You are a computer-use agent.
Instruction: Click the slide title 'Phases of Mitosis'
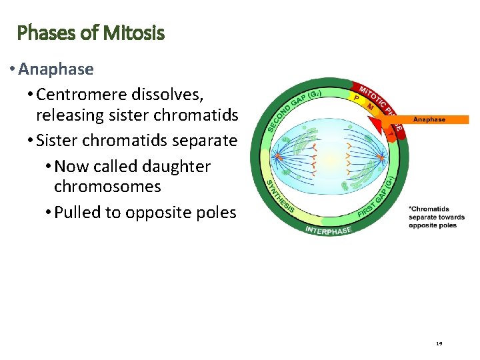(91, 33)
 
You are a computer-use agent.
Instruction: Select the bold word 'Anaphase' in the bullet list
(56, 69)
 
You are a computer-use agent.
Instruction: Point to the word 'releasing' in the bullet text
(69, 115)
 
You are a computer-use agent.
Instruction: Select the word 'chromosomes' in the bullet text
(107, 187)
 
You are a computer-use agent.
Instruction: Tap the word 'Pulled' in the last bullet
(77, 213)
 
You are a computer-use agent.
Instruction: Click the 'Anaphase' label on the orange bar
(429, 119)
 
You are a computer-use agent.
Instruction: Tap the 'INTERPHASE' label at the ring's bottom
(328, 230)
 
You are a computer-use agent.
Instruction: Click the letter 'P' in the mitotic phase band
(357, 97)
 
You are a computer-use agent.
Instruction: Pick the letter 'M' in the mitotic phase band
(370, 106)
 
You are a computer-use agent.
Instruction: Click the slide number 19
(439, 343)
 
